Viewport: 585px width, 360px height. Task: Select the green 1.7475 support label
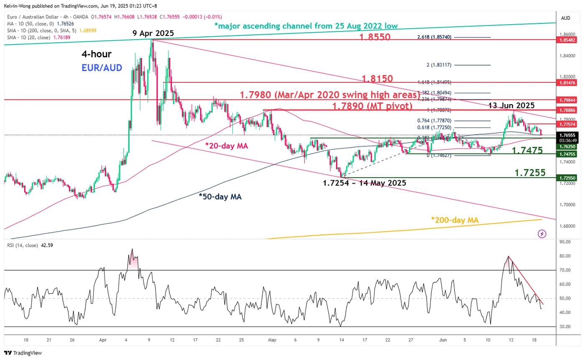(527, 151)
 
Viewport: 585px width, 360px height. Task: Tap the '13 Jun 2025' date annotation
(511, 105)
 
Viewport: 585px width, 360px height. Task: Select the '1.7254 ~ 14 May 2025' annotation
(364, 183)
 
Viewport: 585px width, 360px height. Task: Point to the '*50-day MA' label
(220, 197)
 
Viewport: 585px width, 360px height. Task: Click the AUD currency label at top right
(566, 18)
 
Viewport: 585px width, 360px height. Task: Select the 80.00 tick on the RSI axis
(565, 256)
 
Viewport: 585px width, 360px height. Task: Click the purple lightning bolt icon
(542, 234)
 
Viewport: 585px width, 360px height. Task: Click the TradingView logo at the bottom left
(23, 353)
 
